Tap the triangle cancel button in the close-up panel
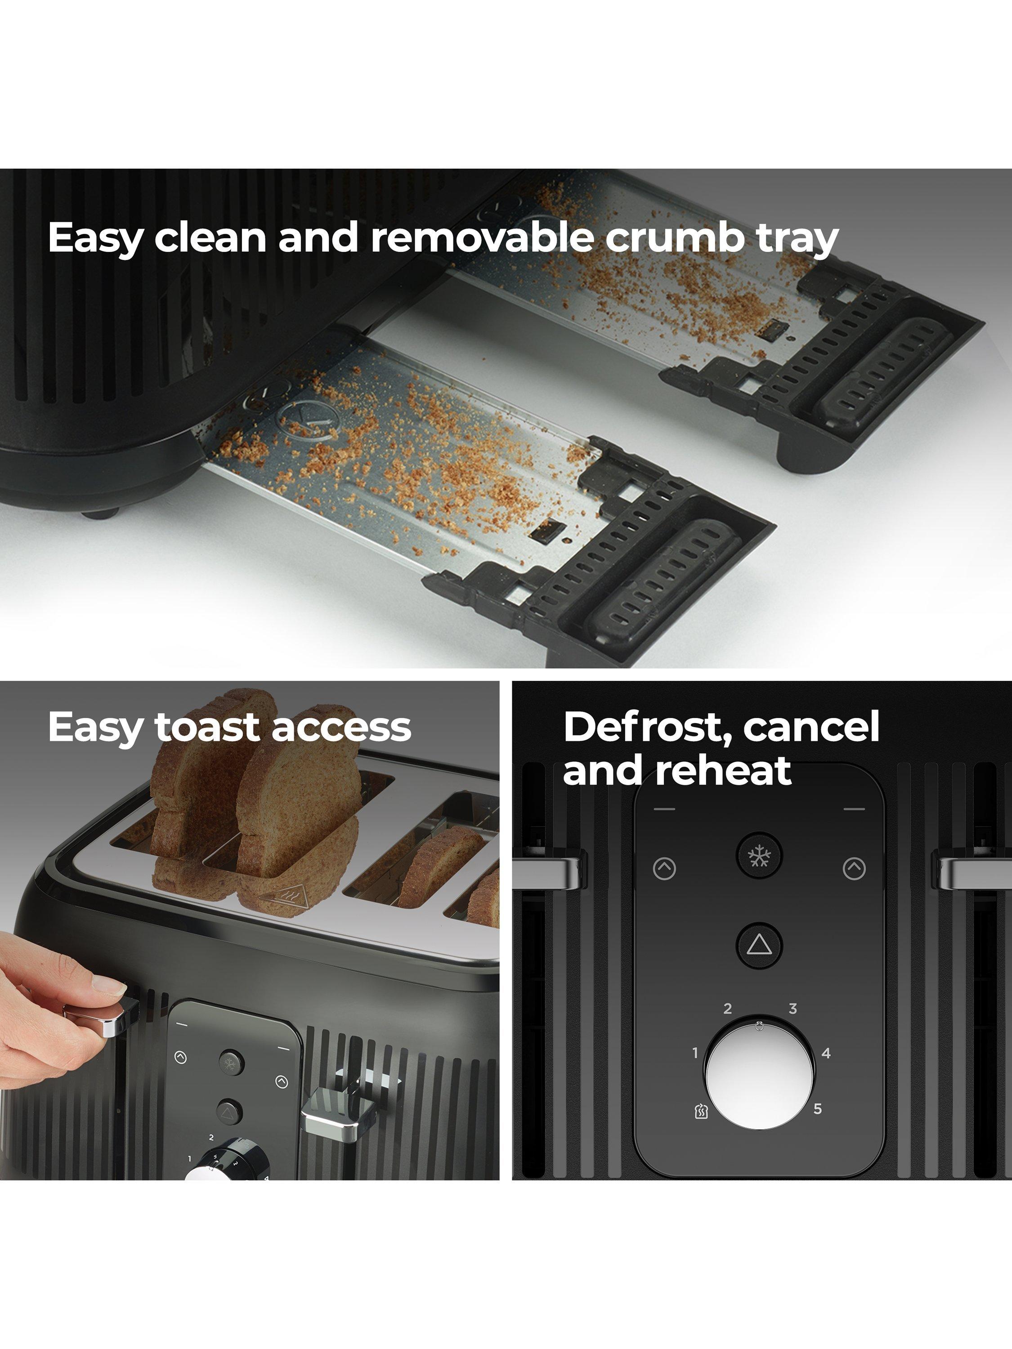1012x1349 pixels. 759,945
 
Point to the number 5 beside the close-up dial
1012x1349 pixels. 817,1109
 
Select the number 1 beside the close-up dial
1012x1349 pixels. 695,1053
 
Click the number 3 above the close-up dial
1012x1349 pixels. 793,1009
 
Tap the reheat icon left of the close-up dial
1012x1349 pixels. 701,1111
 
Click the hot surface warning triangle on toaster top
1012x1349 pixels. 278,898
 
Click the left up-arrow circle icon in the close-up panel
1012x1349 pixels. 664,868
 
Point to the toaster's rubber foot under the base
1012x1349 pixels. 100,514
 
